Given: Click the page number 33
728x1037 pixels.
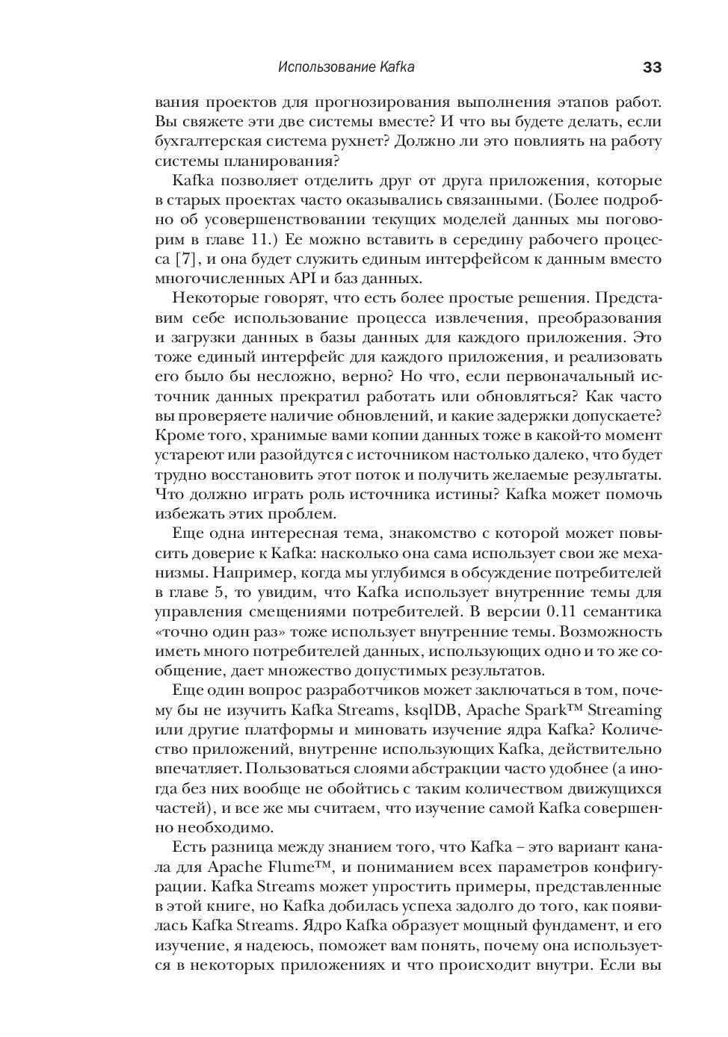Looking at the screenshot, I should coord(652,67).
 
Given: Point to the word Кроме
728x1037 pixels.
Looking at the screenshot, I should coord(176,435).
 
